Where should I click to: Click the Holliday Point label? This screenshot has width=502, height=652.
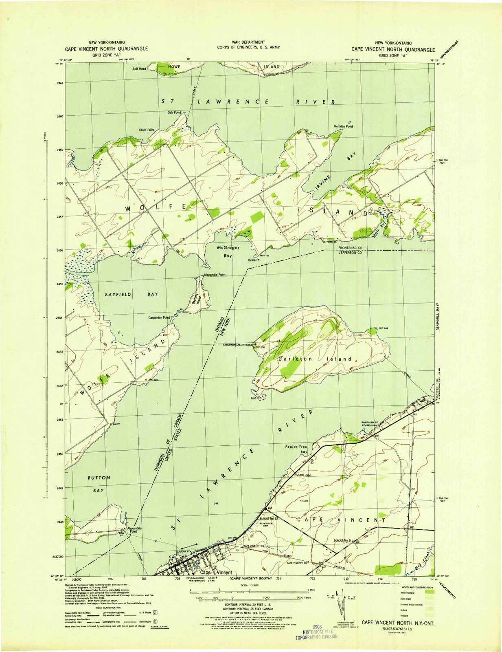(343, 126)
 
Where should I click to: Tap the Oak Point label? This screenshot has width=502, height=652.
(174, 112)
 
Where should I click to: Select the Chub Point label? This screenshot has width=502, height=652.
(147, 130)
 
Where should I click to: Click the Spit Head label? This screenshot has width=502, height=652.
(139, 68)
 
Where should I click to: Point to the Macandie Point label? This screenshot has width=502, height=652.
(215, 275)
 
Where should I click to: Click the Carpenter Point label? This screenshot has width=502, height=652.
(159, 317)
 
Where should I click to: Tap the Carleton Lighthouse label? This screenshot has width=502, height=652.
(237, 345)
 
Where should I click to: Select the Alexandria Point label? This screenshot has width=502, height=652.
(134, 530)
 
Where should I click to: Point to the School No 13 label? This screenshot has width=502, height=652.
(268, 518)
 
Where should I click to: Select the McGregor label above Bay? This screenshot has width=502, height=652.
(228, 248)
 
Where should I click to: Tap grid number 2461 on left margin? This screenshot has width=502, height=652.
(60, 83)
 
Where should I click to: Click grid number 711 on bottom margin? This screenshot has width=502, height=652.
(278, 578)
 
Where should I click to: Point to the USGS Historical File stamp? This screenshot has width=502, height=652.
(316, 631)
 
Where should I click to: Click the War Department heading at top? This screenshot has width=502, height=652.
(248, 42)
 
